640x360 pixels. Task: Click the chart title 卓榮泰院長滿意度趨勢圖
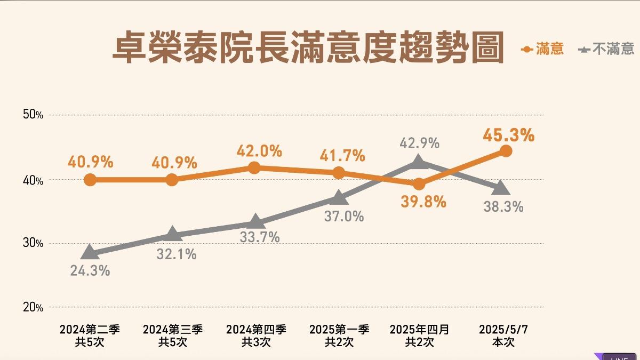308,49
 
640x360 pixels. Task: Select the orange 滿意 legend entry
542,50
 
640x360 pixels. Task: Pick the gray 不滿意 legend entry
606,50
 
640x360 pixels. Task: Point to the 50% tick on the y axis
33,115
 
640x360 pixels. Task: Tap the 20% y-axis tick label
33,307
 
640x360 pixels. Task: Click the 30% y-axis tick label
33,243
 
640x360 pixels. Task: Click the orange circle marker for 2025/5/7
506,151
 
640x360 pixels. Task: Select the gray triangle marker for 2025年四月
419,162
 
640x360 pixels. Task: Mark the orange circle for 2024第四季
255,168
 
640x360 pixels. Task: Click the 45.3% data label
508,135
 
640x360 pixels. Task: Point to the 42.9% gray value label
419,143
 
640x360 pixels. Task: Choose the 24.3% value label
90,271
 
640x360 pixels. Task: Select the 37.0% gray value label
343,216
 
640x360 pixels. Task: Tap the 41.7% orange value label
342,156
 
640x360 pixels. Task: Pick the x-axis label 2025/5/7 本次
503,335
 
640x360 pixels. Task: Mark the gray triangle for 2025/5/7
501,188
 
